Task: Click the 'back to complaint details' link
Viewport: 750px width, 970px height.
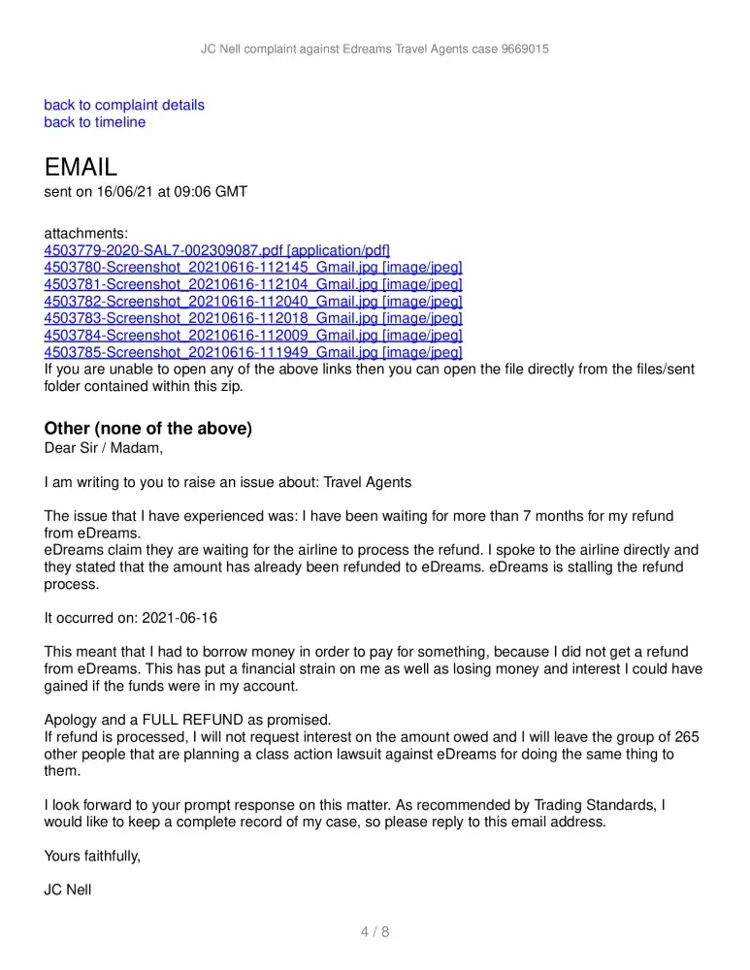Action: point(124,105)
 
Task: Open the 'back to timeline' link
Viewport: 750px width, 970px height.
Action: point(95,122)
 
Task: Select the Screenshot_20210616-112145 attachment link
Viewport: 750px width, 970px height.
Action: point(253,268)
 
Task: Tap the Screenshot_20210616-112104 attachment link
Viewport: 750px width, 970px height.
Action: point(253,284)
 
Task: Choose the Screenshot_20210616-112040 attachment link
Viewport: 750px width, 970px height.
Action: point(253,301)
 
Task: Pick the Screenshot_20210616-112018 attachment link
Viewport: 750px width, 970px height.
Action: point(253,317)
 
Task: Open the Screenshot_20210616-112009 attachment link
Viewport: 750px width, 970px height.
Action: point(253,335)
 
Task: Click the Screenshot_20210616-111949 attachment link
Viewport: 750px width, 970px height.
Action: point(253,351)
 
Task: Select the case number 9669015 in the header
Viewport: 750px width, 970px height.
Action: point(523,48)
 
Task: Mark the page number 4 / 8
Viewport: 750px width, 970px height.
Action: point(375,933)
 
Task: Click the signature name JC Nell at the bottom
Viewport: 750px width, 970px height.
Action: point(68,889)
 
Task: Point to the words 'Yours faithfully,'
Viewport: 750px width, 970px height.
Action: point(92,856)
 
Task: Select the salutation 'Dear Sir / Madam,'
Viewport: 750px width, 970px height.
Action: point(104,448)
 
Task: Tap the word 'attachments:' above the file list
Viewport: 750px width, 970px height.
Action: point(85,234)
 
